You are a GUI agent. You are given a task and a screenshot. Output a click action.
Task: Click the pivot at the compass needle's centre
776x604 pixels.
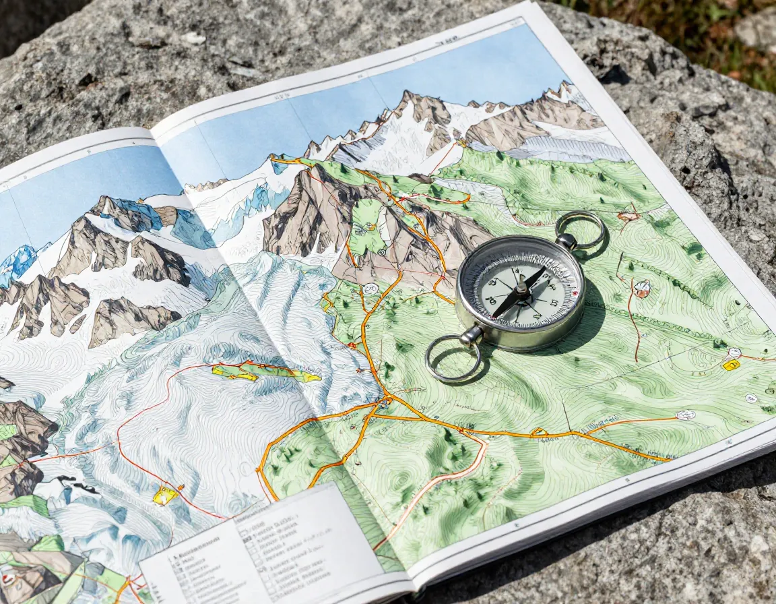click(520, 291)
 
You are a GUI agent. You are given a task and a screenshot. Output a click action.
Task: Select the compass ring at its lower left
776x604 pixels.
click(452, 359)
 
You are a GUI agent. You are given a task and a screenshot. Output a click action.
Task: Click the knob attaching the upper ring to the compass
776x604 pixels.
click(567, 241)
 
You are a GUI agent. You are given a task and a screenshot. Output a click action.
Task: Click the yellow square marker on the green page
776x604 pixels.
click(731, 365)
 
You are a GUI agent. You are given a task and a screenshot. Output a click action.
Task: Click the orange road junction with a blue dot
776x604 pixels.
click(387, 401)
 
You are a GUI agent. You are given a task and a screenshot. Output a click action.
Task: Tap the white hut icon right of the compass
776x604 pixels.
click(642, 289)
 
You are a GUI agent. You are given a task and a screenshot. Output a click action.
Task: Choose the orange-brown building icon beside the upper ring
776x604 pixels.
click(628, 216)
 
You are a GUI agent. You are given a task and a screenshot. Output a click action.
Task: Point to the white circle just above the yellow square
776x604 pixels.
click(734, 353)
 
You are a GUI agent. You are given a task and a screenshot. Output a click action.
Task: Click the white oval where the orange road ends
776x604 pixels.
click(686, 415)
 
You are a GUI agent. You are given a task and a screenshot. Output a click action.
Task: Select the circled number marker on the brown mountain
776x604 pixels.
click(381, 251)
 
